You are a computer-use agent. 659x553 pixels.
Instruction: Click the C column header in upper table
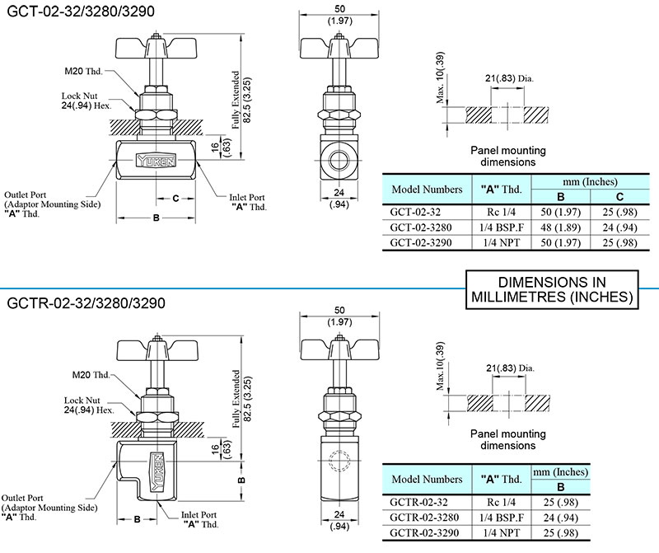(620, 196)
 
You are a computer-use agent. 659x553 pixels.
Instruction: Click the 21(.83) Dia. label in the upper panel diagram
(509, 78)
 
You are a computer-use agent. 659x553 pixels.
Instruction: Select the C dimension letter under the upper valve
(175, 199)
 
